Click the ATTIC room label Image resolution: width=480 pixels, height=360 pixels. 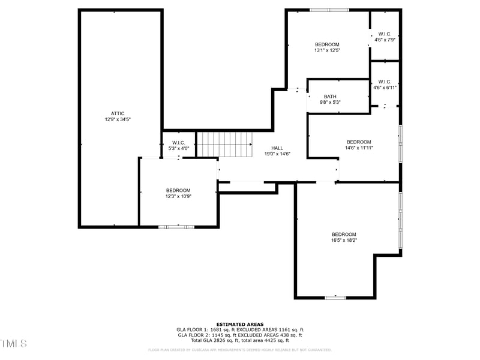point(118,113)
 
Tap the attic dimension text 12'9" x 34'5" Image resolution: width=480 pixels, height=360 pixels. point(118,119)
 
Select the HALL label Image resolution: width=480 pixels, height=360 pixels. point(277,148)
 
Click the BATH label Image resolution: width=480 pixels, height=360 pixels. point(330,97)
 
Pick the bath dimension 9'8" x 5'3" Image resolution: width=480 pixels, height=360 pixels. point(330,103)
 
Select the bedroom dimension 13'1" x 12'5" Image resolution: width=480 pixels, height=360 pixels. point(327,50)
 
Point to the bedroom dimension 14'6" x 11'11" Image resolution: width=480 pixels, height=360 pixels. point(359,148)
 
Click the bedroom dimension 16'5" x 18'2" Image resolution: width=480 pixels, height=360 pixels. point(344,240)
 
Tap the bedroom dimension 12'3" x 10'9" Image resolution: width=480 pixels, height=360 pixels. point(178,196)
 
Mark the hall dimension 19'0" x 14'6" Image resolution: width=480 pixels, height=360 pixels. point(277,154)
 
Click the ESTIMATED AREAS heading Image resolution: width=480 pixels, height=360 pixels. point(240,324)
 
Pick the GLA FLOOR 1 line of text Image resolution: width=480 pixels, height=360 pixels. point(240,329)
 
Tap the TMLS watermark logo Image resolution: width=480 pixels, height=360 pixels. point(14,343)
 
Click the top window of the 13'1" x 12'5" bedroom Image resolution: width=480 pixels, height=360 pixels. point(329,10)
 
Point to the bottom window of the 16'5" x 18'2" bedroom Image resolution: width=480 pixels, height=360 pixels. point(335,298)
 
